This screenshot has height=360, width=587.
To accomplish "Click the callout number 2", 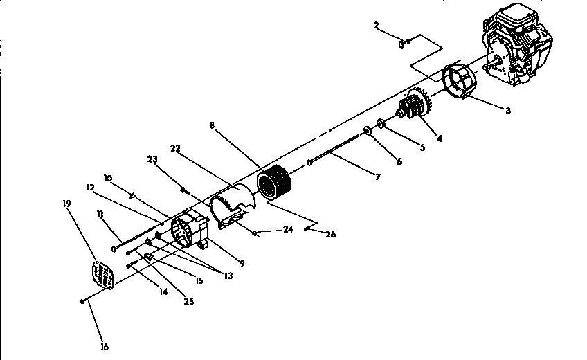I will pos(376,26).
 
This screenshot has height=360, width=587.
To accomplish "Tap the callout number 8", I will pos(212,126).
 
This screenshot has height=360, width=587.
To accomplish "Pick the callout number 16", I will pos(105,347).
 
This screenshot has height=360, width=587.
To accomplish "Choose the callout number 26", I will pos(330,235).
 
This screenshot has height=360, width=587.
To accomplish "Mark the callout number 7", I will pos(377,178).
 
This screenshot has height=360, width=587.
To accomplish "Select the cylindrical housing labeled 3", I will pos(458,82).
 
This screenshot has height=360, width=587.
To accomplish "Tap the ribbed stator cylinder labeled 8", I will pos(275,184).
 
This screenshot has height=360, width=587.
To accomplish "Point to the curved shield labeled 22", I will pos(231,205).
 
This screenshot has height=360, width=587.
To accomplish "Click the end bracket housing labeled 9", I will pos(189,231).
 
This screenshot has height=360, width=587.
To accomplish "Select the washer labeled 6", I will pos(368,132).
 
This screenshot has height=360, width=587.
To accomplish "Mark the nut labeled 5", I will pos(380,125).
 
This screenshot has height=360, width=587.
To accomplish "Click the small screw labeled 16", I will pos(83,300).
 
